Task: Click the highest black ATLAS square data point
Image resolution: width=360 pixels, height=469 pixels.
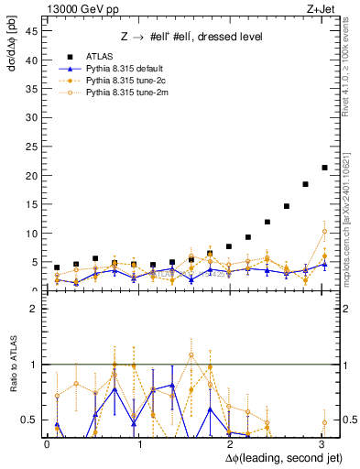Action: point(324,168)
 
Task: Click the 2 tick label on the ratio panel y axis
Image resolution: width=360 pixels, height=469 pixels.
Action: point(35,309)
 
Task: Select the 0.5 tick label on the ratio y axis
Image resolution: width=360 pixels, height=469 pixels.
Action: point(30,420)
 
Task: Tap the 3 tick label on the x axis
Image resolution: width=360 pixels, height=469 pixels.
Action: point(321,444)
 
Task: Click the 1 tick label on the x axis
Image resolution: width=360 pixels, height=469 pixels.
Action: point(139,444)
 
